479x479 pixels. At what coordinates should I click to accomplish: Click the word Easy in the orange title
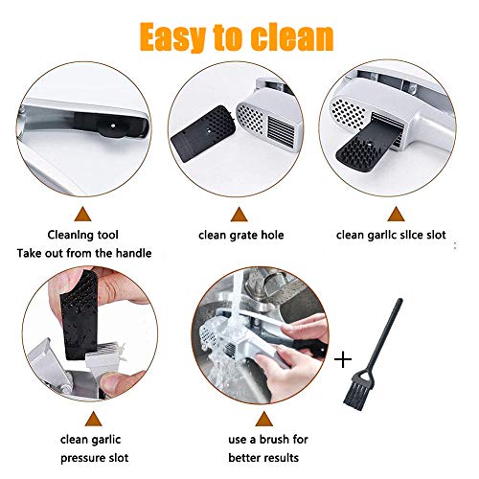coord(172,37)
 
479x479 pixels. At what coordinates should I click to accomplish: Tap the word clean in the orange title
coord(292,37)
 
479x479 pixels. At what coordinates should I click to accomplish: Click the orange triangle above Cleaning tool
coord(82,215)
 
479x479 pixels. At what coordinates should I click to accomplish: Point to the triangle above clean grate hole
coord(239,215)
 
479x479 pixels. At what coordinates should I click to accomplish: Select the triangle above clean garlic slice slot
coord(396,214)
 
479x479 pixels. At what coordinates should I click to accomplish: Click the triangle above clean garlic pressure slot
coord(94,419)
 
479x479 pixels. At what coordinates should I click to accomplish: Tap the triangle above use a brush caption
coord(264,419)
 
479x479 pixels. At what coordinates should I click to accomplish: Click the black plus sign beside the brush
coord(343,360)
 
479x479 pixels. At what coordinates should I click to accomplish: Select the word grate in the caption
coord(240,236)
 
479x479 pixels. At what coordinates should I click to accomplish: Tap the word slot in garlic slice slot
coord(434,235)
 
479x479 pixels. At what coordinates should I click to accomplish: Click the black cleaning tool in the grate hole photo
coord(203,134)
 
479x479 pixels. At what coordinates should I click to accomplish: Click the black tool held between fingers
coord(80,314)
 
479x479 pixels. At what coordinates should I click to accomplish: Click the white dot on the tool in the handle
coord(112,125)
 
